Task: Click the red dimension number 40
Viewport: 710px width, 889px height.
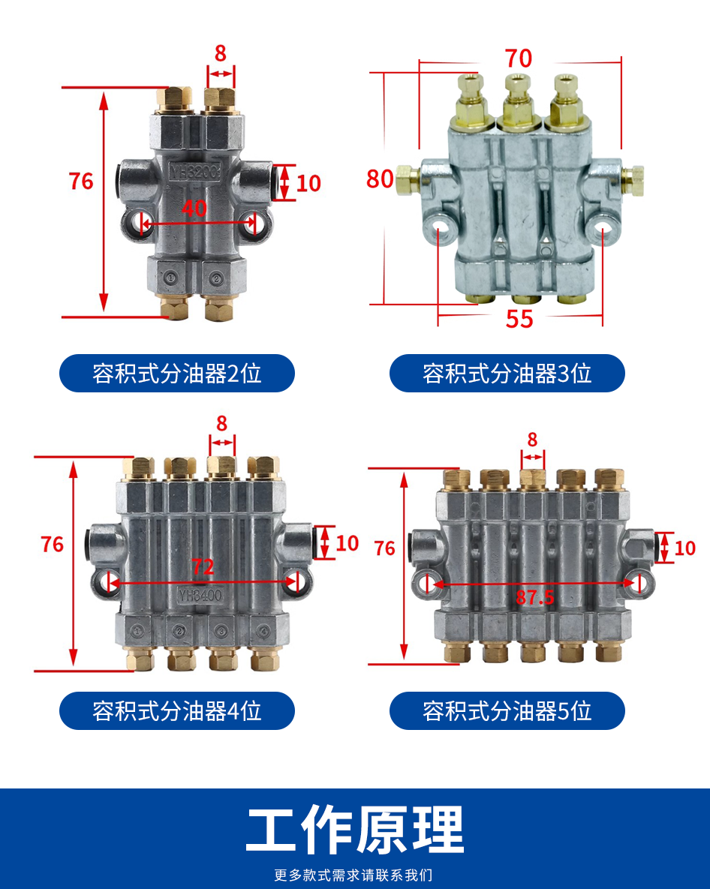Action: coord(194,208)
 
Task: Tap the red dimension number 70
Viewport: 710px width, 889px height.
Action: coord(518,58)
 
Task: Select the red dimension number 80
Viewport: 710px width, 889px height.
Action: coord(380,179)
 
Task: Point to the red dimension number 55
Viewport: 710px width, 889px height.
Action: coord(519,319)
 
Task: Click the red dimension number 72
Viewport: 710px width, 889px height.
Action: coord(203,567)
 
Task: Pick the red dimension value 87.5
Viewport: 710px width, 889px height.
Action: coord(534,597)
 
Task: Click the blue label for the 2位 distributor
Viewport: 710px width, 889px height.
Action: coord(177,373)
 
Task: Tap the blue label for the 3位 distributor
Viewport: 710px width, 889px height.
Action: coord(507,373)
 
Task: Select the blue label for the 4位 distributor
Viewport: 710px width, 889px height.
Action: coord(177,710)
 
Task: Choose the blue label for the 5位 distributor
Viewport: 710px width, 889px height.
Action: coord(507,710)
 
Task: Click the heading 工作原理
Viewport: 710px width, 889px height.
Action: coord(355,830)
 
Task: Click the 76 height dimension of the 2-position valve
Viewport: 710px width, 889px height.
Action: coord(81,181)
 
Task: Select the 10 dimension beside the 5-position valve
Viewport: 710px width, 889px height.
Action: coord(684,548)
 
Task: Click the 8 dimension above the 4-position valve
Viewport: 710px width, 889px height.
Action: coord(221,423)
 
